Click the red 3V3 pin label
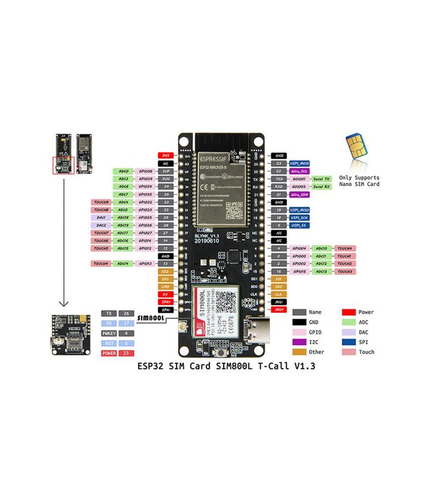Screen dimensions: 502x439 click(x=165, y=156)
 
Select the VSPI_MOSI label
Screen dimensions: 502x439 click(x=299, y=164)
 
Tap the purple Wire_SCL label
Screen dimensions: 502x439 click(x=299, y=171)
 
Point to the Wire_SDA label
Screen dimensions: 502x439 click(x=299, y=195)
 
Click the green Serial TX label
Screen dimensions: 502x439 click(x=321, y=179)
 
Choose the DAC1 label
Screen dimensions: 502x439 click(x=101, y=218)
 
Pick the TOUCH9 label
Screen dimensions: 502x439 click(x=101, y=202)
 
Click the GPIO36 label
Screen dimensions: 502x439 click(x=145, y=171)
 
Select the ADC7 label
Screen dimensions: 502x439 click(x=123, y=195)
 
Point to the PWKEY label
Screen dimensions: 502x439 click(x=109, y=333)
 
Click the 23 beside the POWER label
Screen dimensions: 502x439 click(x=126, y=353)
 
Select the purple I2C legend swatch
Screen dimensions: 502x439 click(x=299, y=342)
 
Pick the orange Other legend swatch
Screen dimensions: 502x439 click(x=299, y=352)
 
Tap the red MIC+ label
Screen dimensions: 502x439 click(x=279, y=310)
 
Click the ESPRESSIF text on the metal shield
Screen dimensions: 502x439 click(x=213, y=159)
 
